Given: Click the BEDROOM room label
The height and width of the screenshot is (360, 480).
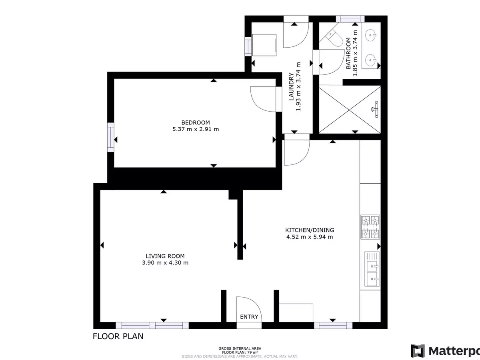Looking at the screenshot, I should tap(195, 122).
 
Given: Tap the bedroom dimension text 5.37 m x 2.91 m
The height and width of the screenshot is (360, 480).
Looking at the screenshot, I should tap(195, 129).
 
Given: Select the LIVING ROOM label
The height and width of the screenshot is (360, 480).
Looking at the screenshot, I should tap(165, 256).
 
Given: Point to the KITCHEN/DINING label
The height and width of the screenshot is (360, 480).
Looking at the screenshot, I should tap(309, 230).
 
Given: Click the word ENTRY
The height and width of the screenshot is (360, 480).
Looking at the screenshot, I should tap(249, 317).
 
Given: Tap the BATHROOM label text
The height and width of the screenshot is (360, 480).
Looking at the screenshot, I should tap(348, 53).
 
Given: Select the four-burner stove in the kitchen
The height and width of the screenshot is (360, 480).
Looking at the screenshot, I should tap(370, 227).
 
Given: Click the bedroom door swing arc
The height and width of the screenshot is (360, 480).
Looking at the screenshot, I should tap(262, 99).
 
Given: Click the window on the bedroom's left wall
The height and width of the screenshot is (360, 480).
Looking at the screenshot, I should tap(110, 137).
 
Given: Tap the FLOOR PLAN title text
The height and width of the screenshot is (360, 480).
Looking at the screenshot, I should tap(118, 336).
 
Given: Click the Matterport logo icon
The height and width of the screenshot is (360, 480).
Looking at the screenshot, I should tap(418, 351).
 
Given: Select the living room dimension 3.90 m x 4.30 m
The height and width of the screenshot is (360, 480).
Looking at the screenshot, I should tap(165, 263).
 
